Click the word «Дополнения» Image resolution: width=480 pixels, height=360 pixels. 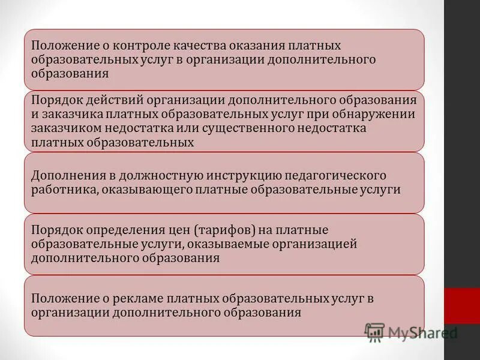click(x=65, y=175)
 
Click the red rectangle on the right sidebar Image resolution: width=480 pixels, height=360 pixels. click(x=462, y=306)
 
